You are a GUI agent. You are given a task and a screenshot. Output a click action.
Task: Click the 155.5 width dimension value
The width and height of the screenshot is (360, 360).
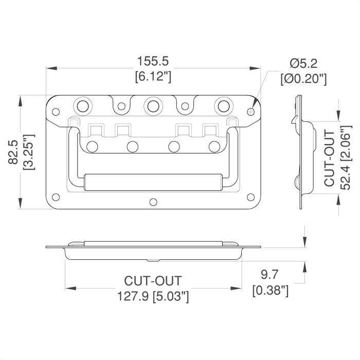pyautogui.click(x=153, y=61)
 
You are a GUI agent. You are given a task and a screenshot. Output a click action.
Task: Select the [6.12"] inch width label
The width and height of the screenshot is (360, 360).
pyautogui.click(x=153, y=76)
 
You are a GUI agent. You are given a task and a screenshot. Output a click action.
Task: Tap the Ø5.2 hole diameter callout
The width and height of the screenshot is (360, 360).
pyautogui.click(x=303, y=64)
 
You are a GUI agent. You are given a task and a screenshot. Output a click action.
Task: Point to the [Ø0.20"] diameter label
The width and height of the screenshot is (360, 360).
pyautogui.click(x=303, y=79)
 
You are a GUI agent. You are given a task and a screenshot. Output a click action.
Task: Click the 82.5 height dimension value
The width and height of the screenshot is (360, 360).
pyautogui.click(x=13, y=152)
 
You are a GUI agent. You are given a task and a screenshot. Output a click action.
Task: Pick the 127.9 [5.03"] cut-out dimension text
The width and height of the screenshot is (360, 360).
pyautogui.click(x=153, y=296)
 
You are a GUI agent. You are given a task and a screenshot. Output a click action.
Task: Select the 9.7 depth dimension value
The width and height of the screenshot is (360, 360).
pyautogui.click(x=269, y=275)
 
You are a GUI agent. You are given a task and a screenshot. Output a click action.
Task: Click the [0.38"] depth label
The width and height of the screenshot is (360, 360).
pyautogui.click(x=270, y=290)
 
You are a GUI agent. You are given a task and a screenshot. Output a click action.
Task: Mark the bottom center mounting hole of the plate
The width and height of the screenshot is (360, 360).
pyautogui.click(x=153, y=202)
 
